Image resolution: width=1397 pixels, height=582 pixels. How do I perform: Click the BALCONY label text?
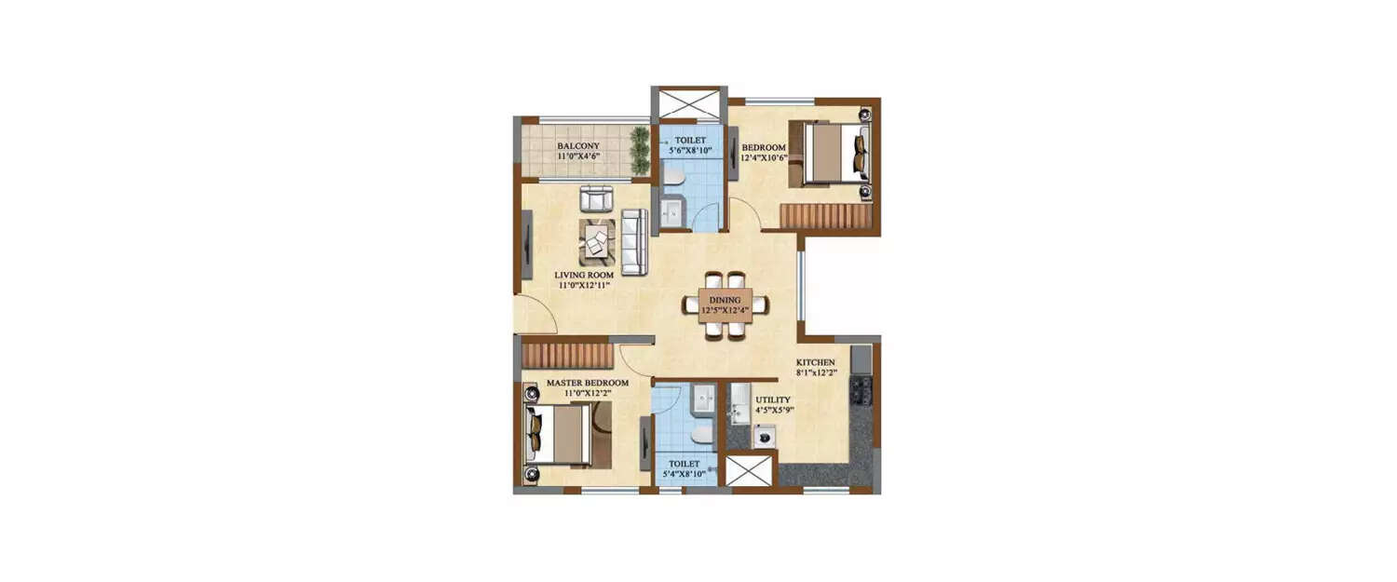pyautogui.click(x=578, y=147)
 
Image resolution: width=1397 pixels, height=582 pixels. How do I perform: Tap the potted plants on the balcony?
pyautogui.click(x=640, y=152)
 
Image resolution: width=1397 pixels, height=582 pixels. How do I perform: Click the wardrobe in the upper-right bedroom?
pyautogui.click(x=825, y=217)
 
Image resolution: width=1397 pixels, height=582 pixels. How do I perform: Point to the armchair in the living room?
pyautogui.click(x=596, y=198)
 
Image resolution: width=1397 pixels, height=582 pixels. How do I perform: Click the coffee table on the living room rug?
pyautogui.click(x=597, y=241)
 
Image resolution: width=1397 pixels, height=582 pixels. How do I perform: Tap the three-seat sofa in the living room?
pyautogui.click(x=635, y=242)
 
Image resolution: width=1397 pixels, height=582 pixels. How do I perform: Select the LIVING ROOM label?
pyautogui.click(x=582, y=275)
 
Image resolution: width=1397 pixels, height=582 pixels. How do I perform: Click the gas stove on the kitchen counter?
pyautogui.click(x=861, y=392)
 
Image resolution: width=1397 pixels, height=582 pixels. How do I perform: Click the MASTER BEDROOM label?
pyautogui.click(x=587, y=383)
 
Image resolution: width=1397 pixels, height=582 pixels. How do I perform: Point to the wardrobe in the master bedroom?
pyautogui.click(x=567, y=355)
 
